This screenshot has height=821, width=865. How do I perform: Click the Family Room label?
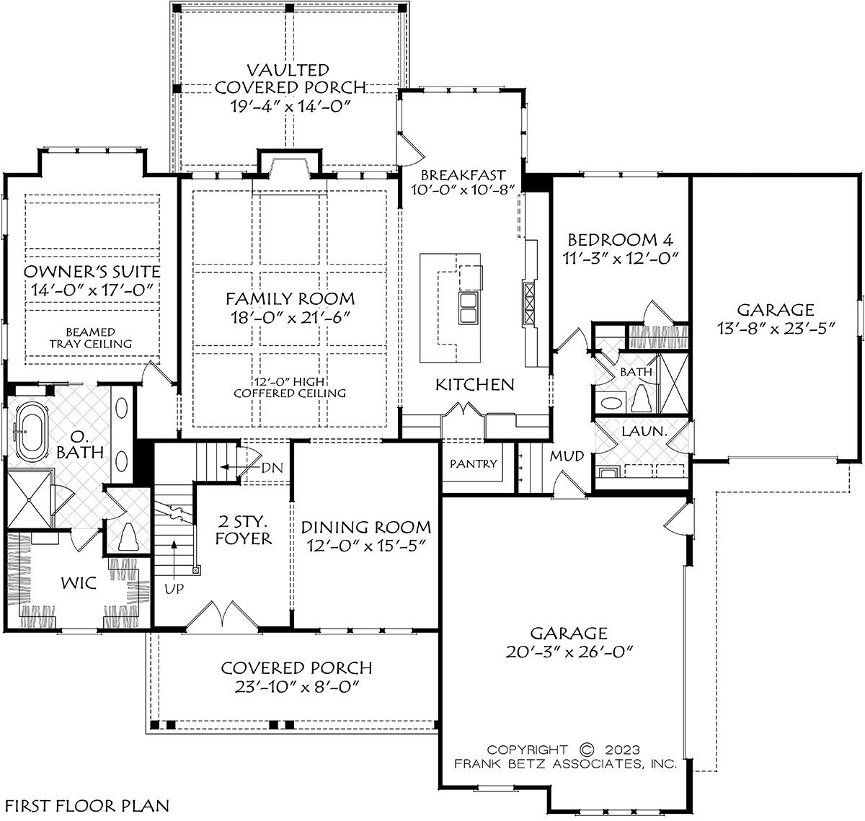coord(290,299)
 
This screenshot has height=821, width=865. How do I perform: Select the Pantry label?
coord(474,463)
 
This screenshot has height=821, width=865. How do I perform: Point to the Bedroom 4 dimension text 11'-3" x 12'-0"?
coord(621,258)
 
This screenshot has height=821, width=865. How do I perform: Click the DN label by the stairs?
coord(272,468)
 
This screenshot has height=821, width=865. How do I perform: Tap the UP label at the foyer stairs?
coord(174,589)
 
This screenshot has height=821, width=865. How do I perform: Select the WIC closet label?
coord(79,583)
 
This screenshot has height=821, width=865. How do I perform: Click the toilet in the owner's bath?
coord(128,536)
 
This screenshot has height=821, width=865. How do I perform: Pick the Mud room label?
coord(567,456)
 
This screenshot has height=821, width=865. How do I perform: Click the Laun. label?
coord(644,432)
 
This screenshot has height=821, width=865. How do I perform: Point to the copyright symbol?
coord(587,749)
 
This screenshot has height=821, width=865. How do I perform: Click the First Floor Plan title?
coord(87,806)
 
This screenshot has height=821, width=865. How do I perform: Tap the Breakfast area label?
coord(463,175)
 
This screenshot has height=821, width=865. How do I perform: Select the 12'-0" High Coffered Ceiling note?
coord(290,388)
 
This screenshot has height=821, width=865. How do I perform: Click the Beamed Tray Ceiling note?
coord(91,338)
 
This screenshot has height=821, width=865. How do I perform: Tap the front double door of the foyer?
coord(222,614)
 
